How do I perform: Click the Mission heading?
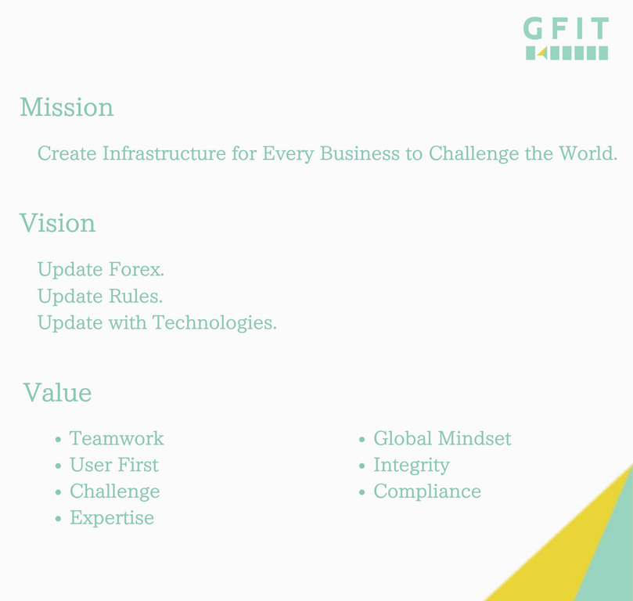67,107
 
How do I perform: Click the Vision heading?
57,223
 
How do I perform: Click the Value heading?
57,392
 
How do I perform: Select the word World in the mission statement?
588,153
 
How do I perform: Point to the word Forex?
136,269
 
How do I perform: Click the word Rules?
135,296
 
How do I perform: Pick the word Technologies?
214,323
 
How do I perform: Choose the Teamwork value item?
117,438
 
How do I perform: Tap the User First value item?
114,465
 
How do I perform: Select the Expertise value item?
112,518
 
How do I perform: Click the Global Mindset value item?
442,438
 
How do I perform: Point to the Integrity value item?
412,466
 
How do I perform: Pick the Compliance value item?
427,491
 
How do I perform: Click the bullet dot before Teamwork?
58,440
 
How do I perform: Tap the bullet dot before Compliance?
361,492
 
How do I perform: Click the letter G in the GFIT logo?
533,28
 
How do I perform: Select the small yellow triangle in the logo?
543,52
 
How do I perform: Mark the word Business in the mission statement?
360,153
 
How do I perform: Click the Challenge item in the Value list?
115,491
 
